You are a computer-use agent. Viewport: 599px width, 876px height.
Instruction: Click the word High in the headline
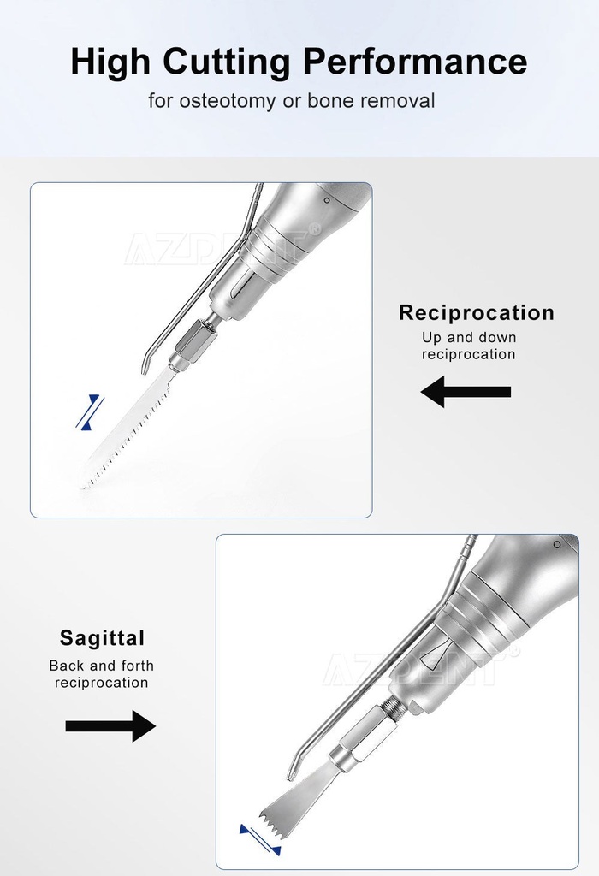point(110,62)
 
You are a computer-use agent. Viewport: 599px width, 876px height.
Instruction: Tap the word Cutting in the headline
point(227,62)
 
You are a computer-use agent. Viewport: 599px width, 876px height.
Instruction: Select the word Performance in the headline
point(416,61)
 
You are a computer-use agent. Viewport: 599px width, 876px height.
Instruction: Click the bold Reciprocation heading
point(477,312)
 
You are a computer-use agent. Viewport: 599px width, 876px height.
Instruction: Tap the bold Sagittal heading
point(102,638)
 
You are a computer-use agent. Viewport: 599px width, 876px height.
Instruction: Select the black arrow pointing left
point(466,392)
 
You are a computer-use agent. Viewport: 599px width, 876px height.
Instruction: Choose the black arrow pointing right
point(110,726)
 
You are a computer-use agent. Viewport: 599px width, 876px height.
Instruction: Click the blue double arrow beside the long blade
point(89,412)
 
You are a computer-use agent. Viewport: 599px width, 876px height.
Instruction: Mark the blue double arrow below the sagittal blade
point(260,840)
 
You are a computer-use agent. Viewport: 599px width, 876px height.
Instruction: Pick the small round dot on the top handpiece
point(327,200)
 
